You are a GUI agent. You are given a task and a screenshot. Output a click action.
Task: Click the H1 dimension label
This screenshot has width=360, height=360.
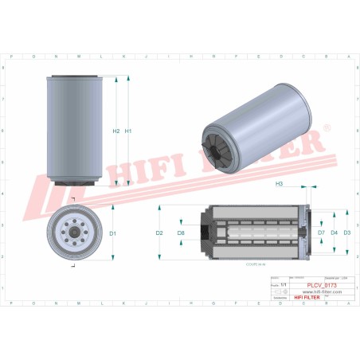pyautogui.click(x=127, y=131)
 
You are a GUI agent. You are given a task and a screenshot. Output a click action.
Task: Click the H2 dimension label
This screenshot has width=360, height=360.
pyautogui.click(x=116, y=131)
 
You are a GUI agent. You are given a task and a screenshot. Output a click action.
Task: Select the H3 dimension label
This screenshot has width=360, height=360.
pyautogui.click(x=279, y=184)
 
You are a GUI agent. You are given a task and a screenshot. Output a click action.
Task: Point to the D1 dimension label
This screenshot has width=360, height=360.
pyautogui.click(x=113, y=233)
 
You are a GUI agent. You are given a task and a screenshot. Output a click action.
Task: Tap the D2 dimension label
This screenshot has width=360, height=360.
pyautogui.click(x=159, y=233)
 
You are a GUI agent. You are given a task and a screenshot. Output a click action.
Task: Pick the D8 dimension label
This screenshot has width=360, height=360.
pyautogui.click(x=182, y=233)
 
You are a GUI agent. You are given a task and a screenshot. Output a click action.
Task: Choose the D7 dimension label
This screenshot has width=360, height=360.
pyautogui.click(x=321, y=233)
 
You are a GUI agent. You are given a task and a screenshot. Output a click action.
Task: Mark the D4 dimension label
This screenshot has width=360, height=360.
pyautogui.click(x=335, y=233)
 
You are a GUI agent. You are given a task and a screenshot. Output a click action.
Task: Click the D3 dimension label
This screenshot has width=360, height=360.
pyautogui.click(x=347, y=233)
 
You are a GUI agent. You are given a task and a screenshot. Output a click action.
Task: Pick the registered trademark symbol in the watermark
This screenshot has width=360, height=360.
pyautogui.click(x=324, y=127)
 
